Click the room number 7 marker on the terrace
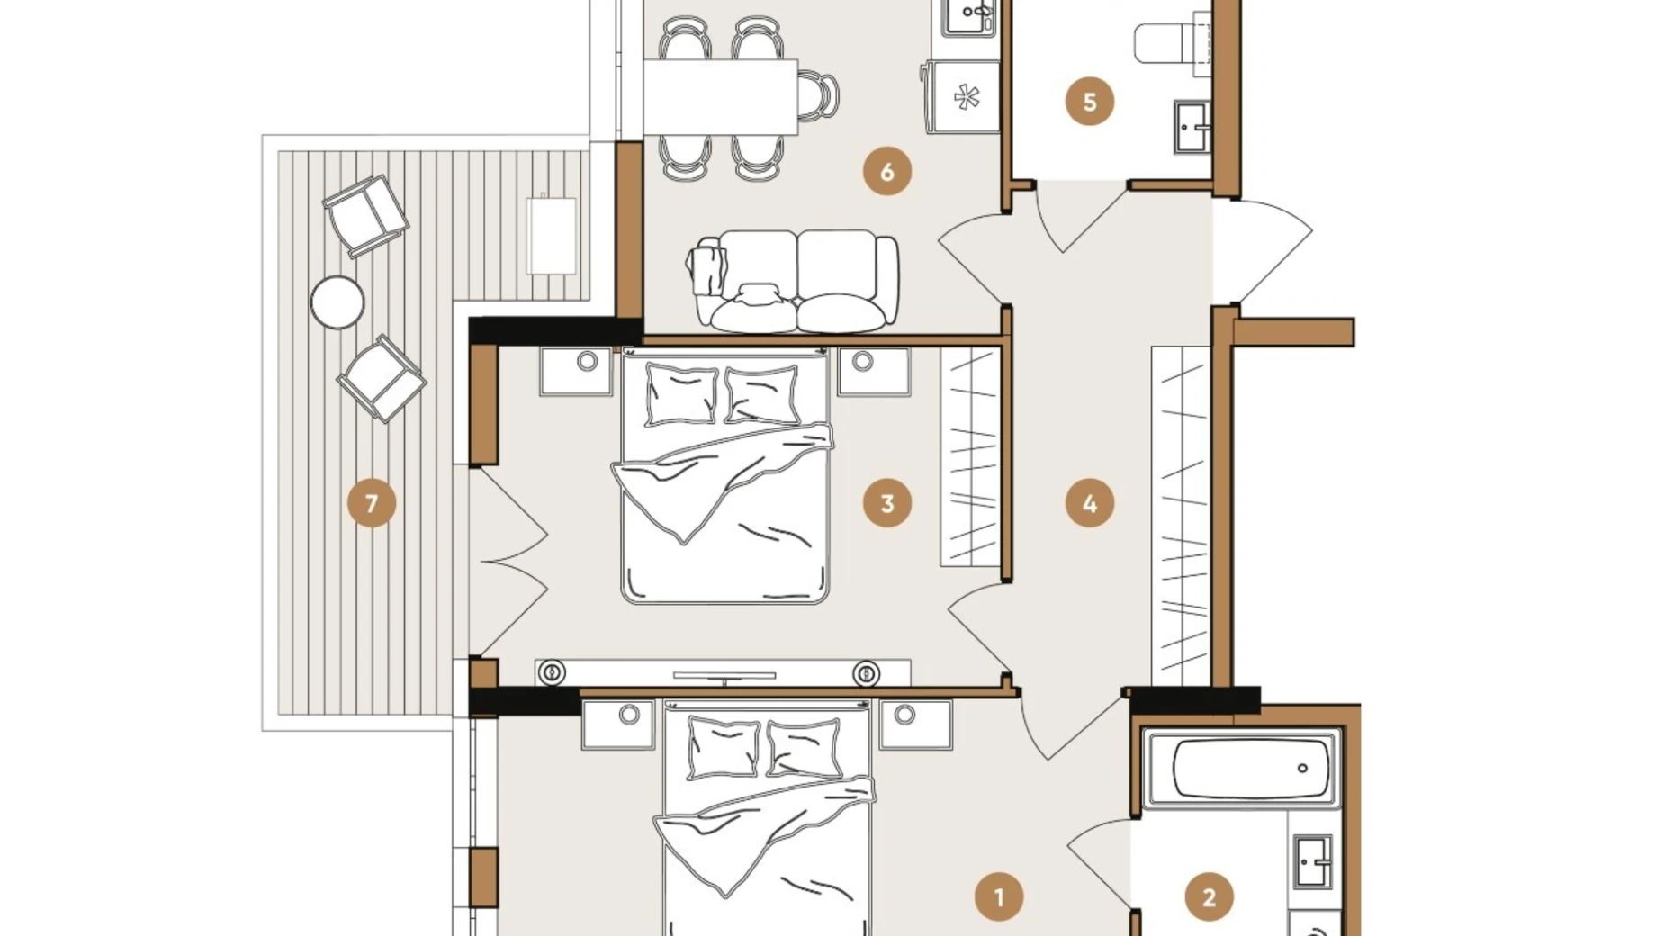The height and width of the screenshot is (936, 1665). pos(372,503)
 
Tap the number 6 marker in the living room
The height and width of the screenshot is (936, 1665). pos(886,171)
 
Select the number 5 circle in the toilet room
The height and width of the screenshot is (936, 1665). pos(1089,102)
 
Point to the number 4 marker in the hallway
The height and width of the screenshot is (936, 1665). pos(1089,503)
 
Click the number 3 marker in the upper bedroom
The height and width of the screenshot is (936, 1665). pos(886,503)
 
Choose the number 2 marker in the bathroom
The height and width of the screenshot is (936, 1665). pos(1208,896)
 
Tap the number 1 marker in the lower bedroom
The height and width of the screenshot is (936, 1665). pos(998,896)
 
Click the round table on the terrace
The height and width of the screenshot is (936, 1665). pos(337,302)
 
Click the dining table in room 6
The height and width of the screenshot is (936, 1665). pos(720,96)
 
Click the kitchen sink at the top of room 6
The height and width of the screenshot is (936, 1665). pos(970,16)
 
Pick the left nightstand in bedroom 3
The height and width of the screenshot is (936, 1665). pos(576,372)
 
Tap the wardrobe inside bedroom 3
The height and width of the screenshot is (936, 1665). pos(970,457)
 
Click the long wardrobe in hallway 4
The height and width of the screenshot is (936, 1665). pos(1181,515)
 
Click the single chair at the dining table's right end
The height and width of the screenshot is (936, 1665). pos(818,95)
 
